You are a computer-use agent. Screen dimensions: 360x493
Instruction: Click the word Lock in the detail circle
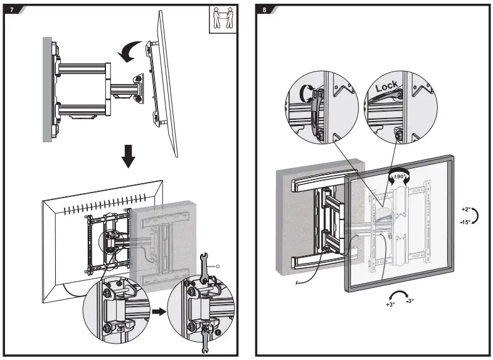[387, 87]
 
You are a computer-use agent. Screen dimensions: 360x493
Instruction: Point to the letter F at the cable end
[295, 282]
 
